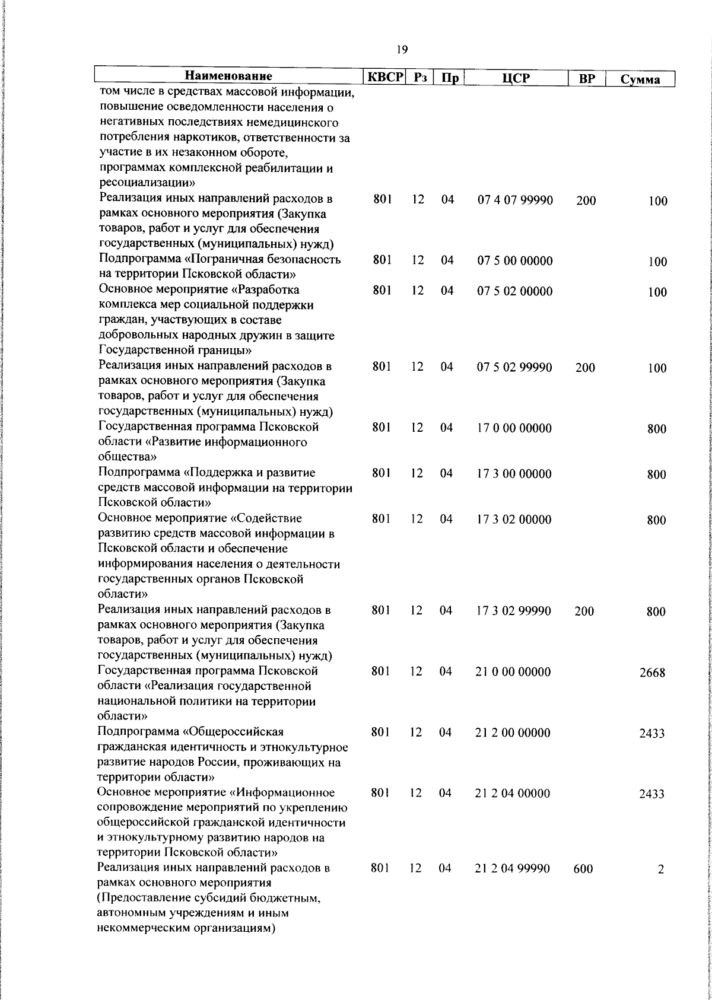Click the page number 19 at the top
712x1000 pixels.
pos(402,50)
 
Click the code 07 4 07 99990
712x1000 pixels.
pos(515,200)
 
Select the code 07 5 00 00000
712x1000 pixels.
pos(515,261)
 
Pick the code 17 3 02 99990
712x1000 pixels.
pos(514,611)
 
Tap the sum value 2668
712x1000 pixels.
pos(652,673)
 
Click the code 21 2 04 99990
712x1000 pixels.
pos(513,869)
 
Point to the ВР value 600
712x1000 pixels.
pos(583,870)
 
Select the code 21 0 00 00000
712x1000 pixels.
pos(513,672)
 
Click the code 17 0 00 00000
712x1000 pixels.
pos(514,428)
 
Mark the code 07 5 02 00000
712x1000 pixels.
pos(515,291)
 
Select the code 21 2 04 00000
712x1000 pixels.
pos(513,794)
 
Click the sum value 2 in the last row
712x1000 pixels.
pos(660,870)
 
